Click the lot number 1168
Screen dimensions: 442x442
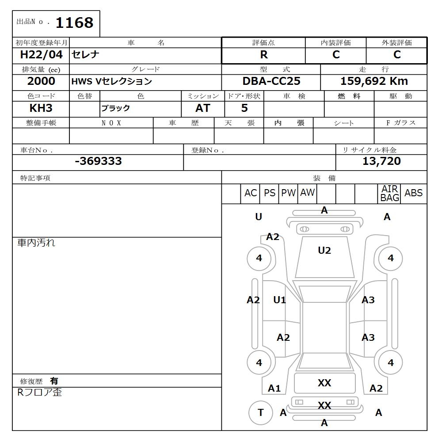pos(74,23)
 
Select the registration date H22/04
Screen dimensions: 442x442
pos(42,55)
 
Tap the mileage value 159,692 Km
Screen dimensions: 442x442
pos(374,81)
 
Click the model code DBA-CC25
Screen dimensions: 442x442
pos(271,81)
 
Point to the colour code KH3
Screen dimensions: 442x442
pos(41,108)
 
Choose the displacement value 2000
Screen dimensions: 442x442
pos(41,81)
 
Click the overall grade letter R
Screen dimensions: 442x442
pos(264,55)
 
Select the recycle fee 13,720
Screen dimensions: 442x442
pos(381,161)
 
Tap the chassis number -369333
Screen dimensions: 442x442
pos(98,161)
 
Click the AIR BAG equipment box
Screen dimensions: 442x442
pos(389,194)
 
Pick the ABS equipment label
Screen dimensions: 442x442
pos(413,193)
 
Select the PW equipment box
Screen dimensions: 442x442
pos(289,193)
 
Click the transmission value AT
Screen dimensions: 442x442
pos(203,108)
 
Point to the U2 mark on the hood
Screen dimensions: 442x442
pos(324,251)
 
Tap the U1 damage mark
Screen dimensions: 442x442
pos(279,300)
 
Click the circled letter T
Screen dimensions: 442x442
pos(260,412)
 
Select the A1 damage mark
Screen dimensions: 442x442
pos(274,389)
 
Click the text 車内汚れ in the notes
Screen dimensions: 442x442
pos(36,243)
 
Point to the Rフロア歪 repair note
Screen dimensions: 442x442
pos(40,392)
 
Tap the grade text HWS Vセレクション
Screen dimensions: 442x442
pos(112,81)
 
